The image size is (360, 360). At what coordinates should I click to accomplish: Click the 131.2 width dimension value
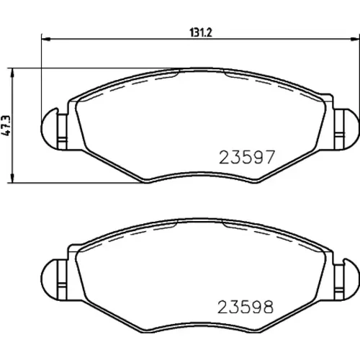tap(201, 32)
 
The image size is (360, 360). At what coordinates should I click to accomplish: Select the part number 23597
tap(246, 157)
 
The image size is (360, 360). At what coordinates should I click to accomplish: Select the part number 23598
tap(246, 307)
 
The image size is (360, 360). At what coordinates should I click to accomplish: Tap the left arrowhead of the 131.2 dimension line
tap(46, 38)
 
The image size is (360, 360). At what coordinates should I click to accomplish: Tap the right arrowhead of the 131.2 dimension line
tap(356, 38)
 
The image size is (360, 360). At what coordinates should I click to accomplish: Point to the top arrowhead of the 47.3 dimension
tap(12, 73)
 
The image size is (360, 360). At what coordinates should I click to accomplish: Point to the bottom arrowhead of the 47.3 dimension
tap(12, 179)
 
